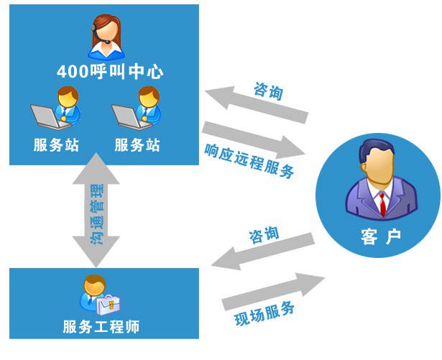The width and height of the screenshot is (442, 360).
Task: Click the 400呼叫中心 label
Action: [x=110, y=71]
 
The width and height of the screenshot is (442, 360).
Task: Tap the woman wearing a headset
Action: [x=106, y=36]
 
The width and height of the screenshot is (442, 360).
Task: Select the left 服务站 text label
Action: [x=56, y=144]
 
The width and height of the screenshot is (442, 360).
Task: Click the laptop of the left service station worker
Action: [x=45, y=114]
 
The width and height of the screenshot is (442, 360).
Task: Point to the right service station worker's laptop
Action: [x=126, y=114]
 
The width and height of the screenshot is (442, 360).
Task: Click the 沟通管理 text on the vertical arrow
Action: [x=96, y=214]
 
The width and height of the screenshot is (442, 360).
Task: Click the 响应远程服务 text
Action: [x=249, y=160]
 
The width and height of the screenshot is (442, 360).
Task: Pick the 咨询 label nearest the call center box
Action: [x=269, y=91]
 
